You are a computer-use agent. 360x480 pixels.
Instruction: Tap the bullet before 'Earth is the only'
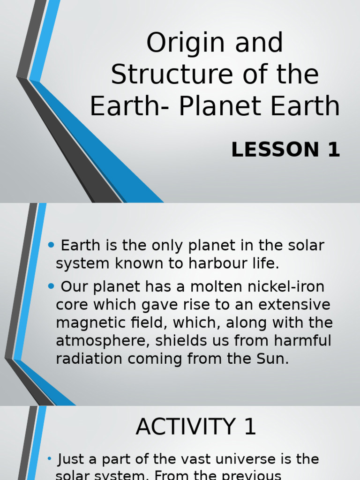tap(52, 245)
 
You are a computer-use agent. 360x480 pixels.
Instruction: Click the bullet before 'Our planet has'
tap(52, 286)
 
